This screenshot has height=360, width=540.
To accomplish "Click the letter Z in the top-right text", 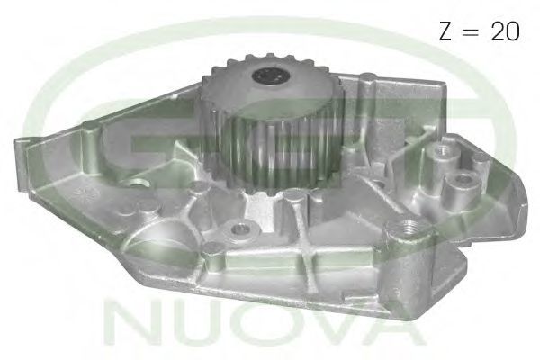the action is click(x=445, y=31).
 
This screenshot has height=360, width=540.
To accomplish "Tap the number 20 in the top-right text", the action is click(x=505, y=31).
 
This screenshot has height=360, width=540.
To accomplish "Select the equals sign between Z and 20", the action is click(x=472, y=31).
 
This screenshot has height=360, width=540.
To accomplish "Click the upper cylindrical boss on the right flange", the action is click(x=443, y=154).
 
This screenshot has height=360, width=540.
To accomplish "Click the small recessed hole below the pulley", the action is click(x=239, y=228).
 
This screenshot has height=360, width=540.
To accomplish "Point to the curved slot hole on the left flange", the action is click(x=135, y=183).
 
